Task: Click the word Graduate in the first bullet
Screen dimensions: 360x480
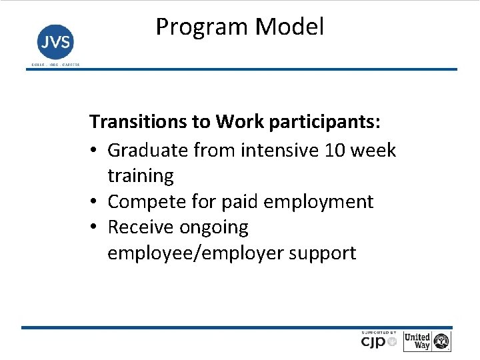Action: tap(148, 150)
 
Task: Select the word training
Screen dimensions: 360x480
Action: tap(141, 176)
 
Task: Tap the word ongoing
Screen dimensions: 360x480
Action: tap(214, 227)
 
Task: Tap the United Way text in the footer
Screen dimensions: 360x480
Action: tap(417, 341)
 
